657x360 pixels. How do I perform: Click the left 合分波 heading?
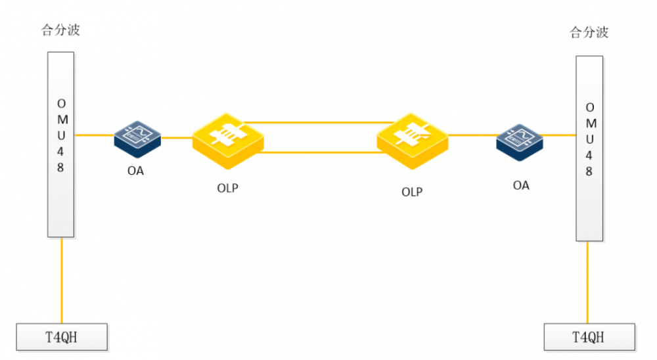[60, 30]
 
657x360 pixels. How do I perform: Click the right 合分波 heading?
[589, 32]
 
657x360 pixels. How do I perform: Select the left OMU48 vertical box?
[60, 145]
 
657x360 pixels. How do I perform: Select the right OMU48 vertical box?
[589, 148]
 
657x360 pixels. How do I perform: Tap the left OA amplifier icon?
[137, 139]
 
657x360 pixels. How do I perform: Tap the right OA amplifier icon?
[520, 143]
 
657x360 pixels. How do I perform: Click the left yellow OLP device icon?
[228, 141]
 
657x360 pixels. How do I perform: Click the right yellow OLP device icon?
[413, 141]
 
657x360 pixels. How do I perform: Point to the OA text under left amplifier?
[135, 171]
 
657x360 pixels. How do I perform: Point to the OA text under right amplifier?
[521, 186]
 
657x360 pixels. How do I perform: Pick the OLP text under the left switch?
[227, 189]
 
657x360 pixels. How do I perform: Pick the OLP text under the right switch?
[412, 192]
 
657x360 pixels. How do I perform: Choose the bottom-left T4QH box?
[62, 337]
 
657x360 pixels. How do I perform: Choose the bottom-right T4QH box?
[589, 337]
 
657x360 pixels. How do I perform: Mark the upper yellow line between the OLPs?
[319, 123]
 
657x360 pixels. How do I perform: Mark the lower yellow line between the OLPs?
[321, 152]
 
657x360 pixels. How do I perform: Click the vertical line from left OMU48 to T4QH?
[62, 281]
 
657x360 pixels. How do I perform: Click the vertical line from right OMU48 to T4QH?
[587, 282]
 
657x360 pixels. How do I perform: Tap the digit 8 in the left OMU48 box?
[60, 168]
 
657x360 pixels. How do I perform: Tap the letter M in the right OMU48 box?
[591, 124]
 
